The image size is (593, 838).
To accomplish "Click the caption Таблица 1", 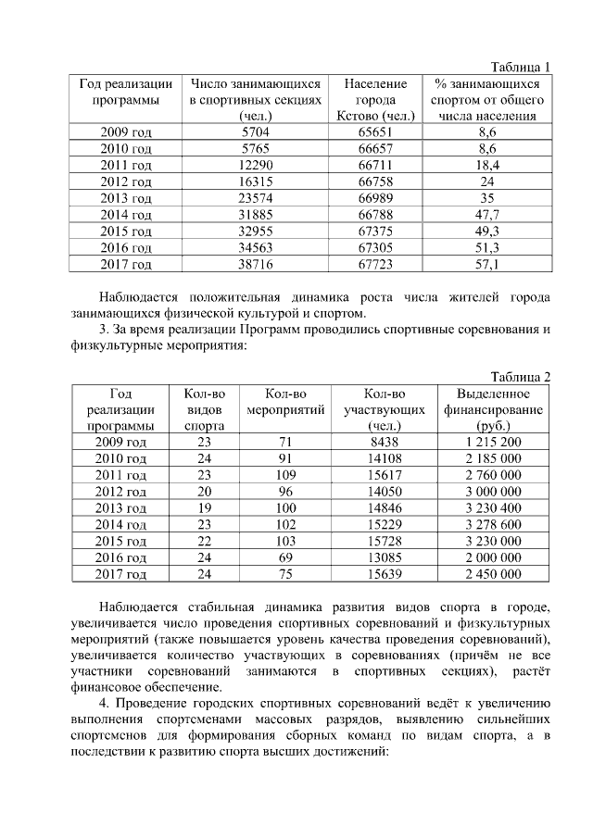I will [521, 67].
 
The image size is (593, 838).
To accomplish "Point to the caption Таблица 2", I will [521, 376].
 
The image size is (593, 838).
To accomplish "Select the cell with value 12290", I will [254, 165].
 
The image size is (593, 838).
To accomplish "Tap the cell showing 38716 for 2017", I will [254, 265].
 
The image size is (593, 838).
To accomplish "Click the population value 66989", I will [375, 198].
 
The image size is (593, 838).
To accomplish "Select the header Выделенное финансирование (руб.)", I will [494, 409].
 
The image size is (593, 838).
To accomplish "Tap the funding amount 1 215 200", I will [494, 442].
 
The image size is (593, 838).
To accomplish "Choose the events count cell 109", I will [285, 475].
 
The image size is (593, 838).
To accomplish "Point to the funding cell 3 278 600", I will [494, 525].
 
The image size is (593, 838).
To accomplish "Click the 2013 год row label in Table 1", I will [126, 198].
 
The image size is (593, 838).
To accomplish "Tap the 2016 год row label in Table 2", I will [120, 558].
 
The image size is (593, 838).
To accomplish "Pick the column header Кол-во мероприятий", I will [285, 402].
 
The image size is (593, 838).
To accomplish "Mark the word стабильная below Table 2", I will [210, 607].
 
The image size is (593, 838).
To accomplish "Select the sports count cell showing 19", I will [204, 508].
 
